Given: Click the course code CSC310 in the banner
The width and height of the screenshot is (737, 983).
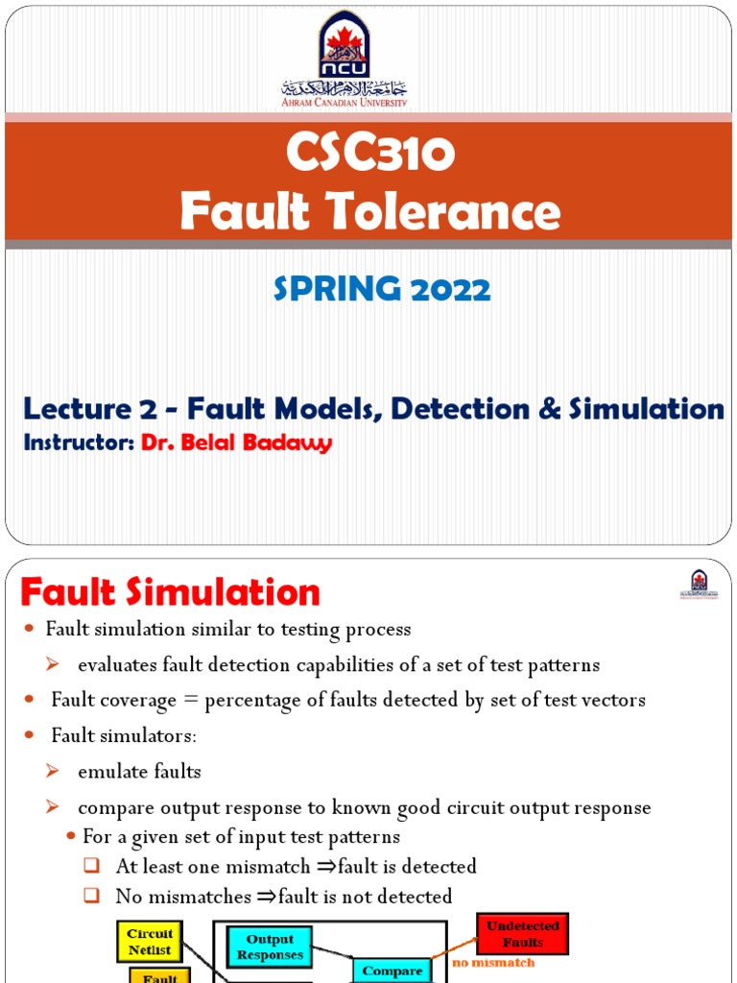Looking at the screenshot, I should coord(369,156).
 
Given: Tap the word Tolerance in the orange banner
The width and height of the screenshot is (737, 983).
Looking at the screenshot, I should coord(450,211).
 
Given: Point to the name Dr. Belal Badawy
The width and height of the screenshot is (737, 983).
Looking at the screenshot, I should coord(236,444).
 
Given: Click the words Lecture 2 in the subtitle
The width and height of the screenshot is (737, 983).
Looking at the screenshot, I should coord(90,410).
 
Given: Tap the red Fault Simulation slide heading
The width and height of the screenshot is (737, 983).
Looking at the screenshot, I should coord(170,592).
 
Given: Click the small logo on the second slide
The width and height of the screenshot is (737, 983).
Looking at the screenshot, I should coord(699,584).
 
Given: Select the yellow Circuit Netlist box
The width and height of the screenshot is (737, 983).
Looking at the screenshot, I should coord(151,941).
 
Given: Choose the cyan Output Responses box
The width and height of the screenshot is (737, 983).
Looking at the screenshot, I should coord(270,947).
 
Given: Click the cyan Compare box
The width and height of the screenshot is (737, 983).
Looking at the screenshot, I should coord(393,971).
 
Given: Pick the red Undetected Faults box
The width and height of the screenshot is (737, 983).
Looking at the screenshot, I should coord(522,934).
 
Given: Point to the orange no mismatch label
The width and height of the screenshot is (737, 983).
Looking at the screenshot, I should coord(493,962).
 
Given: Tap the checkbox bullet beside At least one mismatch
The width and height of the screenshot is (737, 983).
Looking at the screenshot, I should coord(92,866).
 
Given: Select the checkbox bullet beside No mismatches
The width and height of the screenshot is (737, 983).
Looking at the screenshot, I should coord(92,897).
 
